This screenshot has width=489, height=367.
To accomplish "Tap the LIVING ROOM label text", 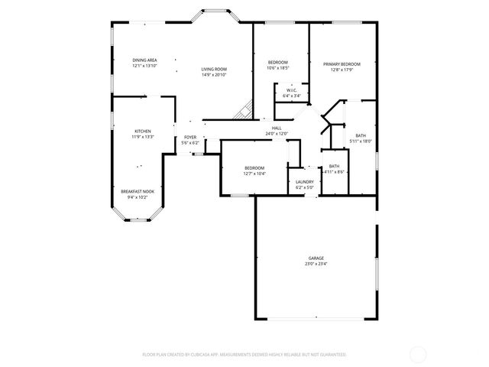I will [214, 69].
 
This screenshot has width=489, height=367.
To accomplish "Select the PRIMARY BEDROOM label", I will [341, 63].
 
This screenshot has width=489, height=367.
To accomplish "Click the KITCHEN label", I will [143, 131].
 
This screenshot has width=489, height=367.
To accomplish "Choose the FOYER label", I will [189, 137].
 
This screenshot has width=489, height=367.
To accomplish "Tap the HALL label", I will [277, 128].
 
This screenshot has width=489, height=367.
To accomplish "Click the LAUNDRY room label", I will [305, 181].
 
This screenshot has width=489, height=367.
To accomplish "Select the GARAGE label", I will [317, 258].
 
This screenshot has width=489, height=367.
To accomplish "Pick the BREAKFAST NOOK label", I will [138, 190].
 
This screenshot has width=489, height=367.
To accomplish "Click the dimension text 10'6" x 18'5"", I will [277, 68].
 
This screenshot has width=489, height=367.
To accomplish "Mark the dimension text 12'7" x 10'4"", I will [254, 174].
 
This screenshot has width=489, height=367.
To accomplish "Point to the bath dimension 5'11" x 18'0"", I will [361, 141].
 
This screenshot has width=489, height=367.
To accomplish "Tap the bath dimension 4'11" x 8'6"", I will [335, 172].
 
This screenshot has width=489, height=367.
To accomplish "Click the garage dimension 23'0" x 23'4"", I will [317, 265].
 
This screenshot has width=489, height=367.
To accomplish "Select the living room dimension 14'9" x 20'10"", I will [214, 75].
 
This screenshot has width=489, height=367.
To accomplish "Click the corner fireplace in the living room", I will [244, 112].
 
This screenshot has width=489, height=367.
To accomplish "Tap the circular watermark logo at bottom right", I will [418, 354].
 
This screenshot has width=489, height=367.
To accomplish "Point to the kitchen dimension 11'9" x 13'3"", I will [143, 137].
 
